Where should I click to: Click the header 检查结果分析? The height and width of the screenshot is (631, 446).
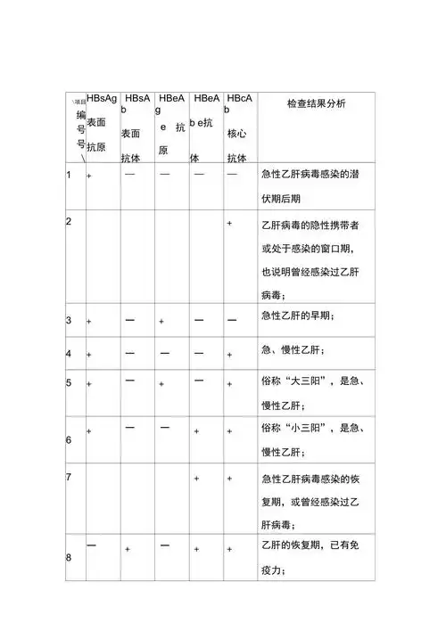(316, 104)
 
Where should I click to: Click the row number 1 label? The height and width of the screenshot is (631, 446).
(69, 174)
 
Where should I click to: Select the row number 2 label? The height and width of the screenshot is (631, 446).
(69, 220)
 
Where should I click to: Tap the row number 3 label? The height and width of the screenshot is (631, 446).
(69, 318)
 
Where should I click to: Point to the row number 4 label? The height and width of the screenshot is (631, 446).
(69, 353)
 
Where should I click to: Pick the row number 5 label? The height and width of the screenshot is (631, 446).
(69, 383)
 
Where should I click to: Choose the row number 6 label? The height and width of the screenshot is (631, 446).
(69, 440)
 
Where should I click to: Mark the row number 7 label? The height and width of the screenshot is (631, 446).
(69, 478)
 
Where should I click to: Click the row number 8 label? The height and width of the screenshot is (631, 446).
(69, 558)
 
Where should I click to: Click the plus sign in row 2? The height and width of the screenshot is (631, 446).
(231, 222)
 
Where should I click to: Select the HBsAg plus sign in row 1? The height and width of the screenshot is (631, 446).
(89, 176)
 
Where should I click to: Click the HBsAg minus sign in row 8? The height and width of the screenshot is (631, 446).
(92, 543)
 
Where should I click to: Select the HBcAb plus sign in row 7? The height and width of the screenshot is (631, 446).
(231, 479)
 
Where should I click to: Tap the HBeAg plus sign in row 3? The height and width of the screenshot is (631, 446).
(161, 319)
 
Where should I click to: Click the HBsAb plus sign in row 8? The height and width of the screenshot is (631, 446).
(128, 550)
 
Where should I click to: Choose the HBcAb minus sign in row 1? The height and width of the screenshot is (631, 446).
(232, 174)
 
